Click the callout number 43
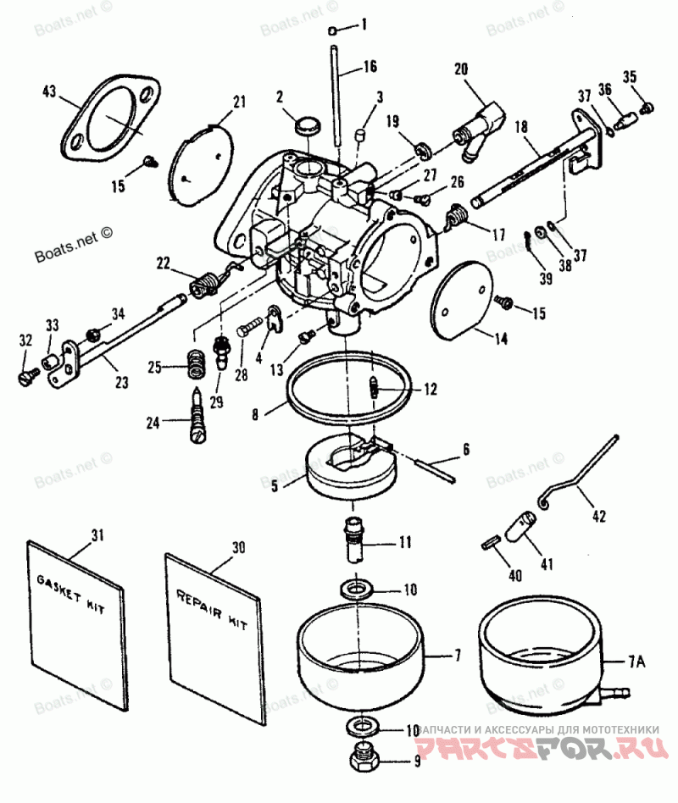(49, 91)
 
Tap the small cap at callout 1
(336, 30)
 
